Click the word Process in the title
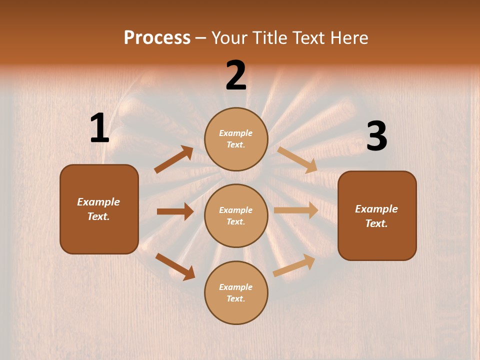[x=157, y=37]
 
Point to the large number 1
[x=99, y=128]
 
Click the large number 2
[x=236, y=75]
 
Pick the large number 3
[x=376, y=136]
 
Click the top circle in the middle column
[x=236, y=139]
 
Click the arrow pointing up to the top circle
[x=174, y=159]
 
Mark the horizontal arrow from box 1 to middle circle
[x=175, y=211]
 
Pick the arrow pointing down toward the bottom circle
[x=175, y=266]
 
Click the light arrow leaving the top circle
[x=297, y=159]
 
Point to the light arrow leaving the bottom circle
[x=294, y=265]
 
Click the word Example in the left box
[x=98, y=202]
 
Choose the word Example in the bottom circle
[x=236, y=287]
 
